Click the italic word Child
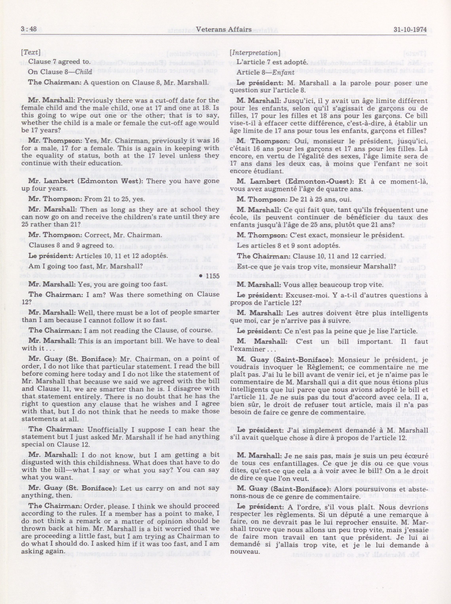pyautogui.click(x=83, y=72)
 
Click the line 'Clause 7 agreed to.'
pyautogui.click(x=59, y=62)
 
